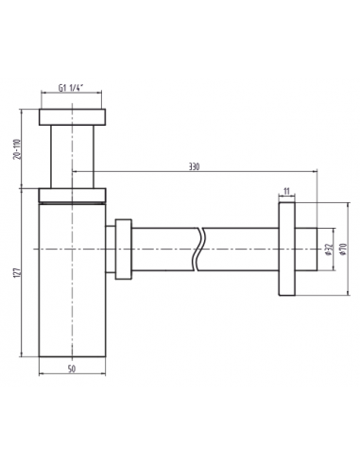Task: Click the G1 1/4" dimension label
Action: click(x=70, y=88)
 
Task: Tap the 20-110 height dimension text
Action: click(x=17, y=149)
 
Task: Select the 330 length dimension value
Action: click(x=194, y=166)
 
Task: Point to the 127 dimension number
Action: click(x=17, y=273)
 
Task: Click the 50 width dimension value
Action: click(x=72, y=369)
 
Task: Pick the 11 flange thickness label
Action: click(x=286, y=191)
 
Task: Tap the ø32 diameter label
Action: click(x=328, y=250)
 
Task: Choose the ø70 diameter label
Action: click(x=343, y=250)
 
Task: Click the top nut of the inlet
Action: click(x=72, y=117)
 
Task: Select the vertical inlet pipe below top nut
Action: click(x=72, y=157)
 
